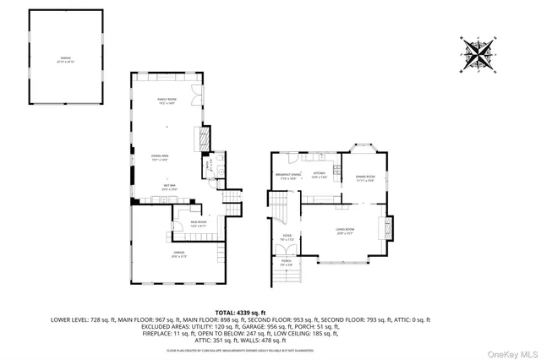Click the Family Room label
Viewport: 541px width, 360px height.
165,102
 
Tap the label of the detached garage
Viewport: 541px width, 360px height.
66,60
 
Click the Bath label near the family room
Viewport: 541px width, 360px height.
211,170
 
